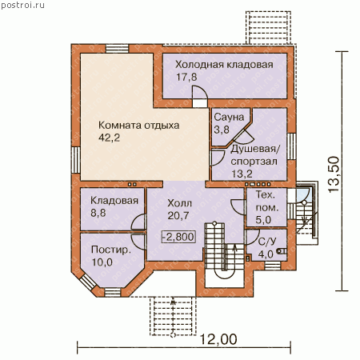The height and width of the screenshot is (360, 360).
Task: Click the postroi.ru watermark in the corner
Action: click(x=22, y=6)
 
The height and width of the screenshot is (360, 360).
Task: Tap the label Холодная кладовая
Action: click(x=224, y=65)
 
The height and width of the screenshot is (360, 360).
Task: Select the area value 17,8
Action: click(x=186, y=77)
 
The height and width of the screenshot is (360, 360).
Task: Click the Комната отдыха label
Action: click(x=138, y=126)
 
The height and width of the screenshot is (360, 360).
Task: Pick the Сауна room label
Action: click(x=229, y=117)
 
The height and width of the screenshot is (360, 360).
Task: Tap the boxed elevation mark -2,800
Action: click(x=178, y=237)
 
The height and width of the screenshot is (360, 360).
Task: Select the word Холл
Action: click(x=179, y=203)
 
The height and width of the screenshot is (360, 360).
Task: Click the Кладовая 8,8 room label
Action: click(x=114, y=206)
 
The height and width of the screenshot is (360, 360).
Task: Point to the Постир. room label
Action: click(x=111, y=250)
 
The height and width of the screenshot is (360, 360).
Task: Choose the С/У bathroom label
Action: click(x=267, y=242)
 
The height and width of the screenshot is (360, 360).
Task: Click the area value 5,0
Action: click(x=263, y=220)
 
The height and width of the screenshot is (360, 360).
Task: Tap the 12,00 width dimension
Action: click(x=218, y=339)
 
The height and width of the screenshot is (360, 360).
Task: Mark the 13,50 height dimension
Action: click(x=334, y=174)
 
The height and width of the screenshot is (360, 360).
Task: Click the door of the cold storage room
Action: click(x=200, y=96)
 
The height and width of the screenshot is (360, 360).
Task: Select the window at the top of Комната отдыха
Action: click(x=118, y=49)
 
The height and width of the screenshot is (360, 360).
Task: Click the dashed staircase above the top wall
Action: click(x=268, y=27)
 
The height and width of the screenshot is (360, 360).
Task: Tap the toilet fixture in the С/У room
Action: click(x=282, y=251)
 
